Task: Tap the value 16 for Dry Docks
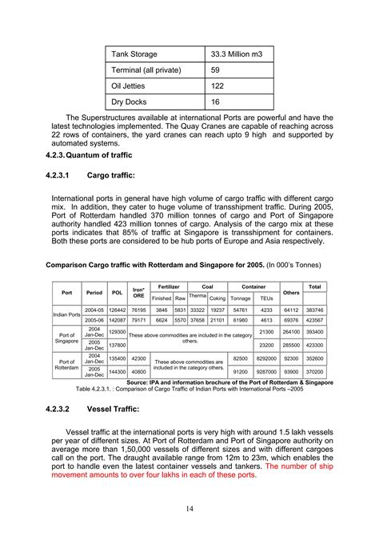coord(215,102)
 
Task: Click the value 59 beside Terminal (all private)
coord(215,70)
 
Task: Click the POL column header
coord(117,293)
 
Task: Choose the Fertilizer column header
coord(168,286)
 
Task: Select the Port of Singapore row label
coord(67,337)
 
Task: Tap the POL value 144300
coord(117,372)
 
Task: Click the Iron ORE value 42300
coord(138,359)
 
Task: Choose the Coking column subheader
coord(217,298)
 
